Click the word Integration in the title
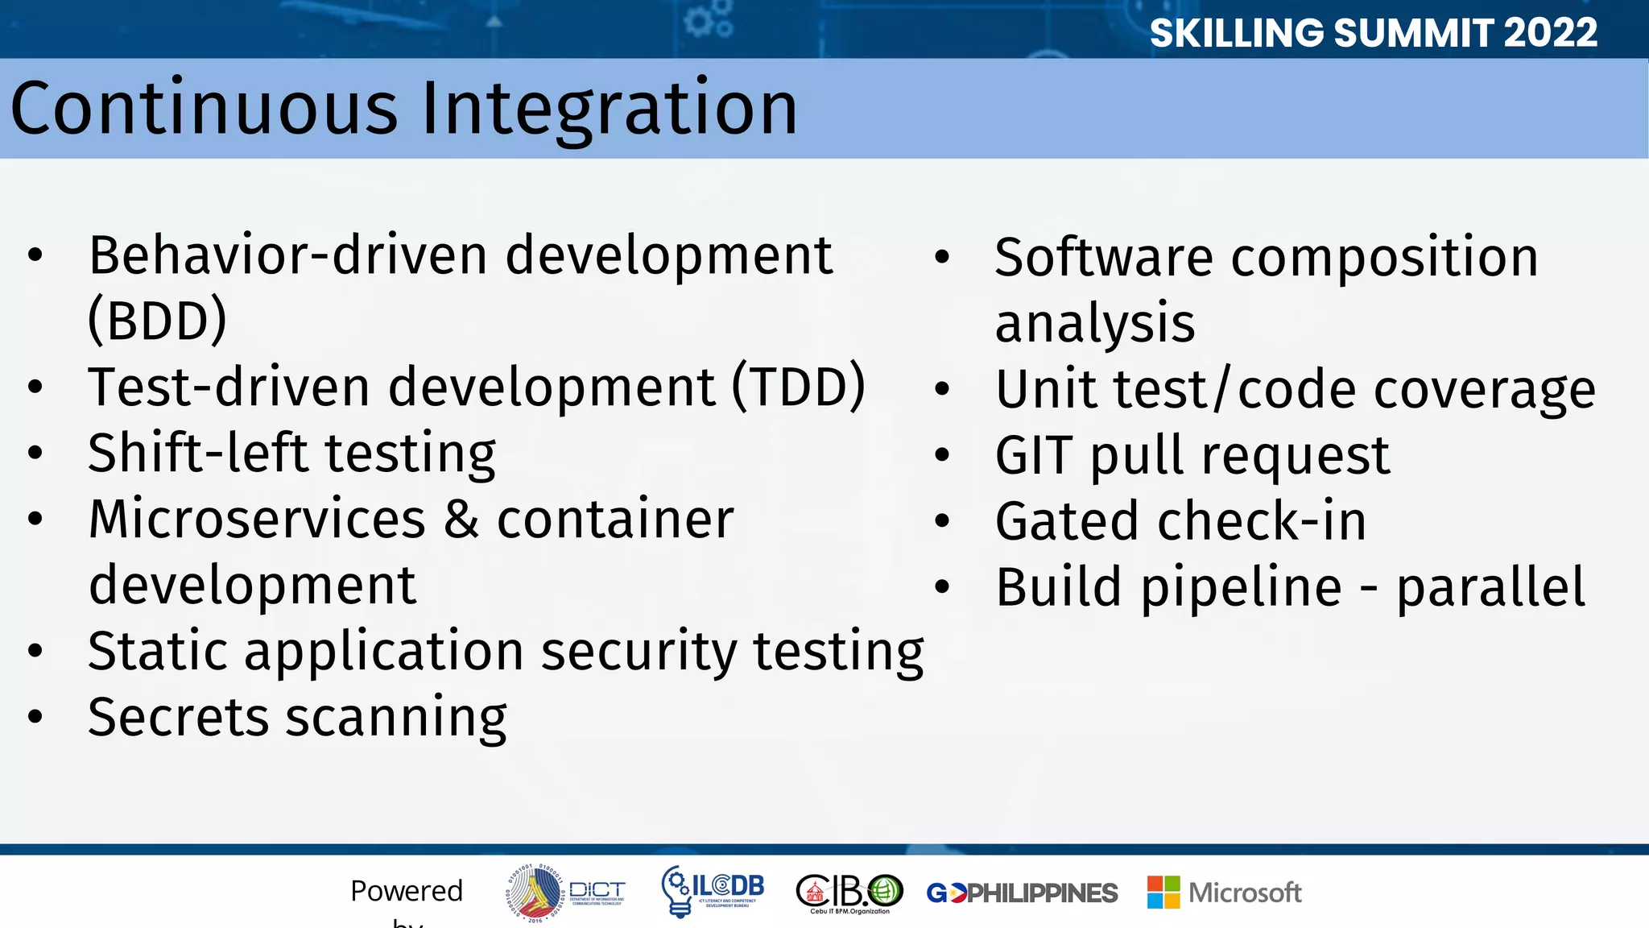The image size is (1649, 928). [x=610, y=108]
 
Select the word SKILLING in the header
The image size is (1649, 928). [x=1235, y=33]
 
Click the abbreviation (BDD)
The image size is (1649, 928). [x=157, y=321]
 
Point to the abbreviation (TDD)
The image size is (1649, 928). [x=798, y=387]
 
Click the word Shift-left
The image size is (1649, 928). [x=197, y=453]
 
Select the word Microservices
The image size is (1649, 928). [x=257, y=519]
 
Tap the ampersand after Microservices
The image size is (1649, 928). [x=461, y=519]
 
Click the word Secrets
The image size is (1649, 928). [x=178, y=717]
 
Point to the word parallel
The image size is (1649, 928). [x=1490, y=587]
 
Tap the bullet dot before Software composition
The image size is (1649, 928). [x=942, y=258]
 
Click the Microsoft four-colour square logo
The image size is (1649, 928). [x=1163, y=893]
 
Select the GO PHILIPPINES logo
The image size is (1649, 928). [x=1022, y=893]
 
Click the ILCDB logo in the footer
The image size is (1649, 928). [x=712, y=891]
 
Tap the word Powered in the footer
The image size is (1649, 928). [x=407, y=891]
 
